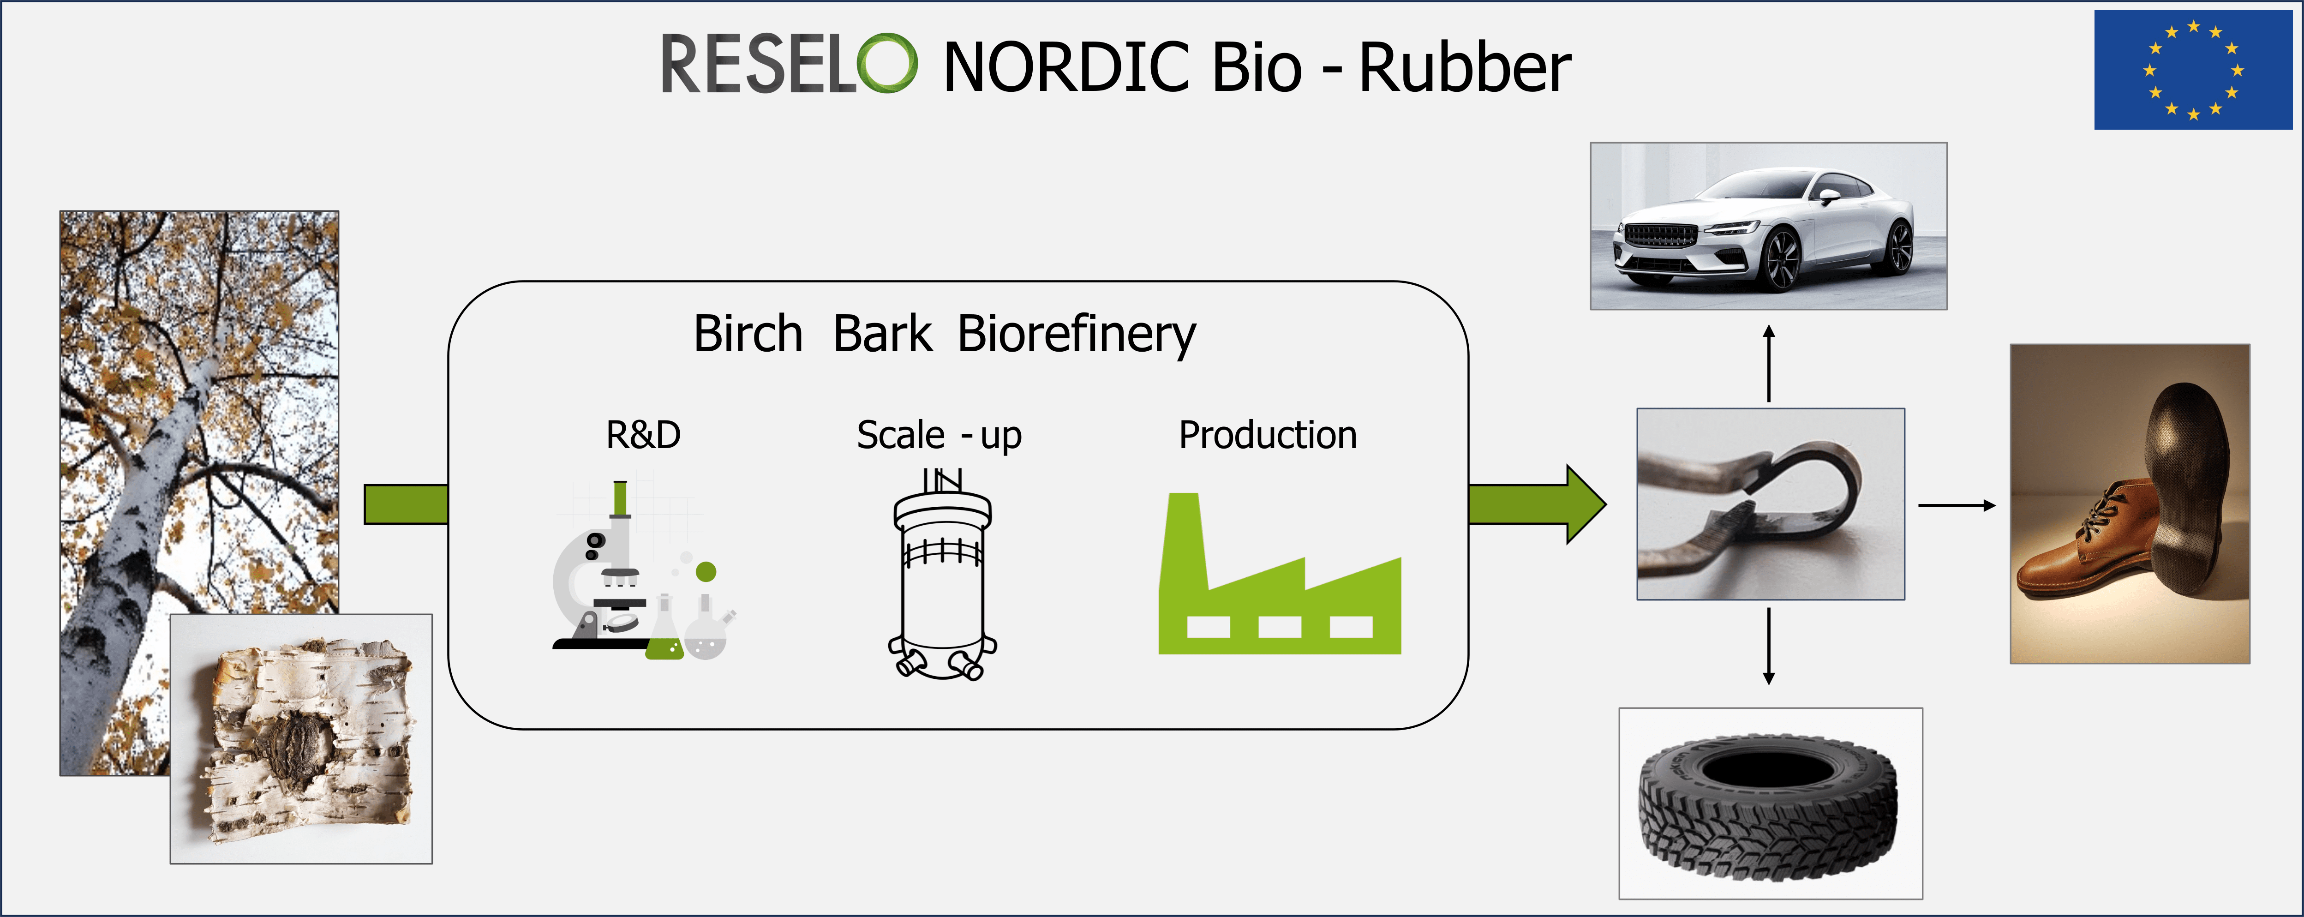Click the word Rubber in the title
click(x=1465, y=67)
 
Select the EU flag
click(x=2193, y=70)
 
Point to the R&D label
click(x=643, y=435)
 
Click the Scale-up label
click(x=939, y=436)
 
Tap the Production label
click(x=1268, y=435)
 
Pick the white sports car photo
click(x=1768, y=226)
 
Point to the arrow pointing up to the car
click(x=1768, y=363)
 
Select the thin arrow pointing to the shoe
click(x=1957, y=505)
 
